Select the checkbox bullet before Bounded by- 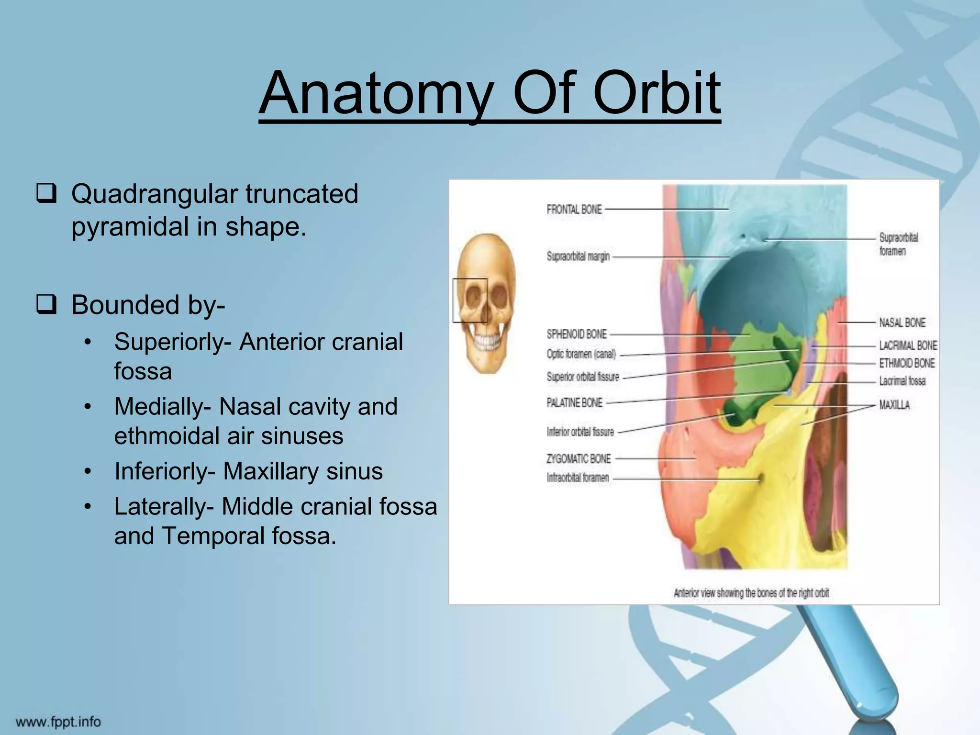(x=46, y=305)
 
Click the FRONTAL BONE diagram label (x=574, y=210)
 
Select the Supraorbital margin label (x=578, y=256)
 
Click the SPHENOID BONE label (x=577, y=334)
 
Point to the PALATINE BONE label (x=574, y=403)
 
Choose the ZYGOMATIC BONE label (x=579, y=459)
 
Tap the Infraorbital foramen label (x=578, y=478)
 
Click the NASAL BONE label (x=902, y=323)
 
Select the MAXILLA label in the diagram (x=894, y=405)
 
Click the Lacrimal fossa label (x=902, y=381)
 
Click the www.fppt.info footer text (x=58, y=721)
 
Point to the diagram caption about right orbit (x=751, y=593)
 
